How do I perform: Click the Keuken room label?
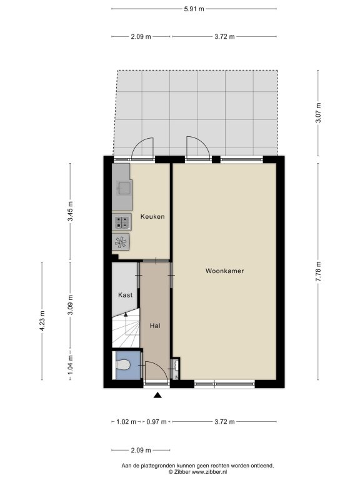152,217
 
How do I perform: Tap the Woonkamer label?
225,271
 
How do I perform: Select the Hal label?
155,326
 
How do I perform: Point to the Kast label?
125,295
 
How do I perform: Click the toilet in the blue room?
123,365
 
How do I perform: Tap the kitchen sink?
124,188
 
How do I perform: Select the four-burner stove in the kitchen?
122,222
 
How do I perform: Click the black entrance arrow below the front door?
157,395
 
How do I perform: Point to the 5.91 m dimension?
194,9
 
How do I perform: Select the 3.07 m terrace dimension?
318,113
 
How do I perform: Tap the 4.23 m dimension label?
42,321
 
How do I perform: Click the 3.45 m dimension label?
71,211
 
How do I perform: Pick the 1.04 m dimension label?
71,364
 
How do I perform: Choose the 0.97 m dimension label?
156,422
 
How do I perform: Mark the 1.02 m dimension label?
126,422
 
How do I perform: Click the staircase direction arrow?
126,324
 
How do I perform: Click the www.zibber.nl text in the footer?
209,472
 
